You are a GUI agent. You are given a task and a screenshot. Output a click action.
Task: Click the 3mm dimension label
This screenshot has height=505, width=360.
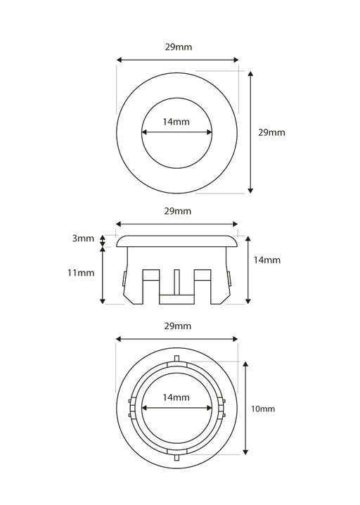83,238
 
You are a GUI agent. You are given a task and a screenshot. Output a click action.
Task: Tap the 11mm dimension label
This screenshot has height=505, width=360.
81,273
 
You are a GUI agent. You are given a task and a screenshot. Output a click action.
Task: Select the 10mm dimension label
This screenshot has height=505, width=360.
263,409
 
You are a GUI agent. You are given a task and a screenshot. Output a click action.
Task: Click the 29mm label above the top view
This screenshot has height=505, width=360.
179,47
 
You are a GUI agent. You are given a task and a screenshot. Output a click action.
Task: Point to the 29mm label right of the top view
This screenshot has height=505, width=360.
271,132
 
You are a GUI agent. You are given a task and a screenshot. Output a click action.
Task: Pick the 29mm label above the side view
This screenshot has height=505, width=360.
178,211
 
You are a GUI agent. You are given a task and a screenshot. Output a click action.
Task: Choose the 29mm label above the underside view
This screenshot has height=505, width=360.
178,326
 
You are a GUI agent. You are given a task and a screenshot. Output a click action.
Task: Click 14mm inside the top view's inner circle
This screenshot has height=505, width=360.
176,122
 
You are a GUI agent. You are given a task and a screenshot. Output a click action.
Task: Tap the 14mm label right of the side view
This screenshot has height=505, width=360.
267,260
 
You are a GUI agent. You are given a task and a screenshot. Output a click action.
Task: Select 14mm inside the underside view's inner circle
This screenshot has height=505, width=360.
176,397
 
